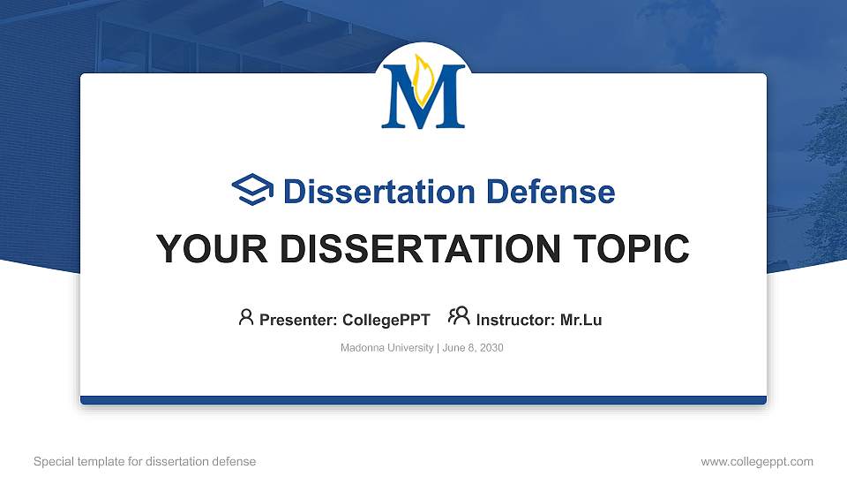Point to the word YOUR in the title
(199, 249)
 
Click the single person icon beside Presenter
(246, 317)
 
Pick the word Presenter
(294, 320)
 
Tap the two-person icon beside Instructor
(459, 316)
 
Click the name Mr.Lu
(581, 320)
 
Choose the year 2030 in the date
(491, 348)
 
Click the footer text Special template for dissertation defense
(145, 461)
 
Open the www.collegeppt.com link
(757, 461)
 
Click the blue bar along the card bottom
(423, 400)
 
